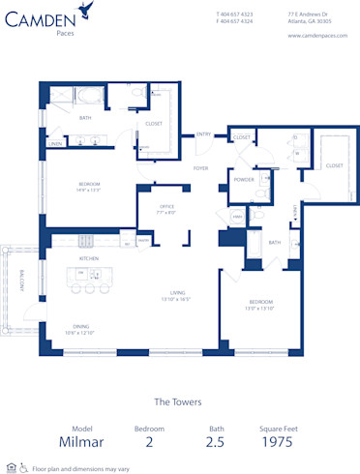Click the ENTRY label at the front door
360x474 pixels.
point(204,133)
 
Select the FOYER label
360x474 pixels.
point(200,168)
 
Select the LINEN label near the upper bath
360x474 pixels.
point(56,144)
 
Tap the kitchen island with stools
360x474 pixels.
point(88,277)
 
